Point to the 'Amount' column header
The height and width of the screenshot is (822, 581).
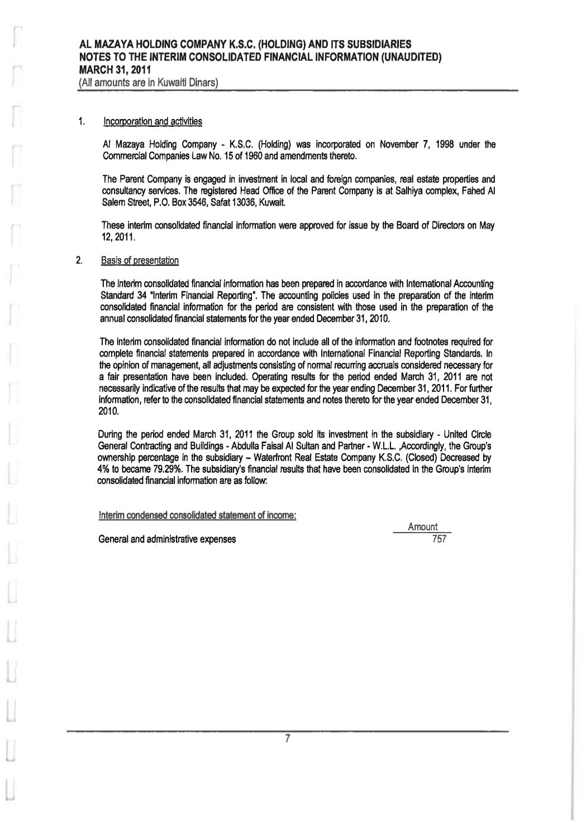(422, 527)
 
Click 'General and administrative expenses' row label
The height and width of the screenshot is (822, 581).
(166, 539)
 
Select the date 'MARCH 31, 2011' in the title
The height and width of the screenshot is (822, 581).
(115, 72)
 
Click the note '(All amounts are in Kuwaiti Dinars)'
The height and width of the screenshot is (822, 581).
(148, 83)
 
